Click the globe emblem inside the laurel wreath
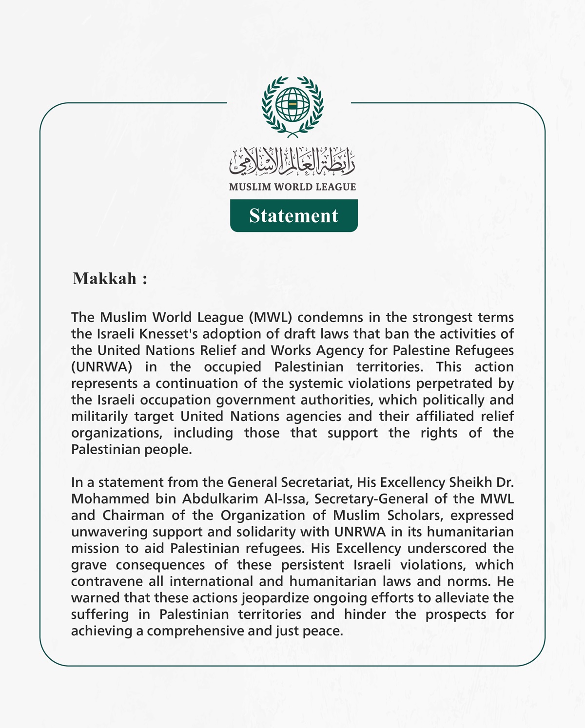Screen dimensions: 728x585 click(292, 105)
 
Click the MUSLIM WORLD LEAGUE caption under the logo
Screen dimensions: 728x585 click(292, 187)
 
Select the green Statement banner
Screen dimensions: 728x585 click(294, 215)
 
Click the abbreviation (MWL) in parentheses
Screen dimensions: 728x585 click(271, 317)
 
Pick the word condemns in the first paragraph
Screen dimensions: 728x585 click(330, 317)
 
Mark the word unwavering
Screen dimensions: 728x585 click(110, 532)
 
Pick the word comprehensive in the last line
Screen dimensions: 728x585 click(195, 631)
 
